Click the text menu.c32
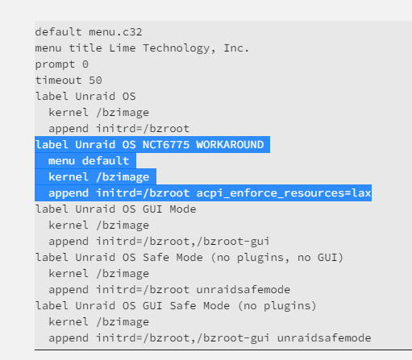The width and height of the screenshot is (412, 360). pos(115,32)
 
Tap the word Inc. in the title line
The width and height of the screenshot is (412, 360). pos(236,48)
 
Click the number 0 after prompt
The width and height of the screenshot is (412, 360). pos(85,64)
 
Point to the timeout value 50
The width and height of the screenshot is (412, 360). pos(95,81)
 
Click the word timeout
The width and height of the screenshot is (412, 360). pos(59,81)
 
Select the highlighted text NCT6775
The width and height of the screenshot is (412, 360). pos(166,145)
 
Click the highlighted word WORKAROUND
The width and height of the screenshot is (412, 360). pos(230,145)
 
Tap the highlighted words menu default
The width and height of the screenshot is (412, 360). pos(89,161)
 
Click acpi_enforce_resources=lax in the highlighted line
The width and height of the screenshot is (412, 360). pos(284,193)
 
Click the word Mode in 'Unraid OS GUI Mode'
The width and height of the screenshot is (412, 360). pos(183,209)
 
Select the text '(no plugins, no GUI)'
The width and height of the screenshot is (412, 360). pos(277,258)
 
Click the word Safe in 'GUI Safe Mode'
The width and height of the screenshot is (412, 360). pos(183,306)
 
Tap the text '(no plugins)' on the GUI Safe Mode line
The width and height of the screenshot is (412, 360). pos(277,306)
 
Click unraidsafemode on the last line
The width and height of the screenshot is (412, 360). pos(324,338)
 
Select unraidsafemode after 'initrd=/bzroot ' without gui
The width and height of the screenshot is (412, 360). pos(243,290)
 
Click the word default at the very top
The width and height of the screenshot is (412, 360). pos(59,32)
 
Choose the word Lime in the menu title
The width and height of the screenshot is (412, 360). pos(123,48)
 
